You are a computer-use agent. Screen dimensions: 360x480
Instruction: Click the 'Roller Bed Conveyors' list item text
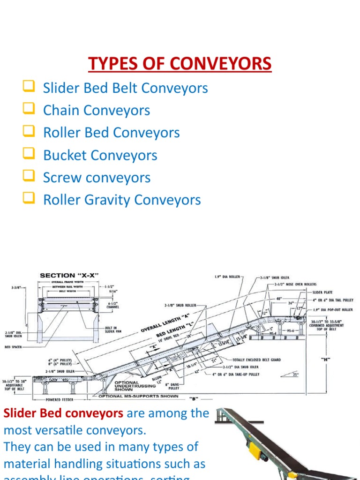point(111,133)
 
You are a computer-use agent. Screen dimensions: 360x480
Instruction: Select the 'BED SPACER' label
point(14,347)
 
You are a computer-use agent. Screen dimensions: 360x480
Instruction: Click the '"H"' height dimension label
point(325,360)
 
